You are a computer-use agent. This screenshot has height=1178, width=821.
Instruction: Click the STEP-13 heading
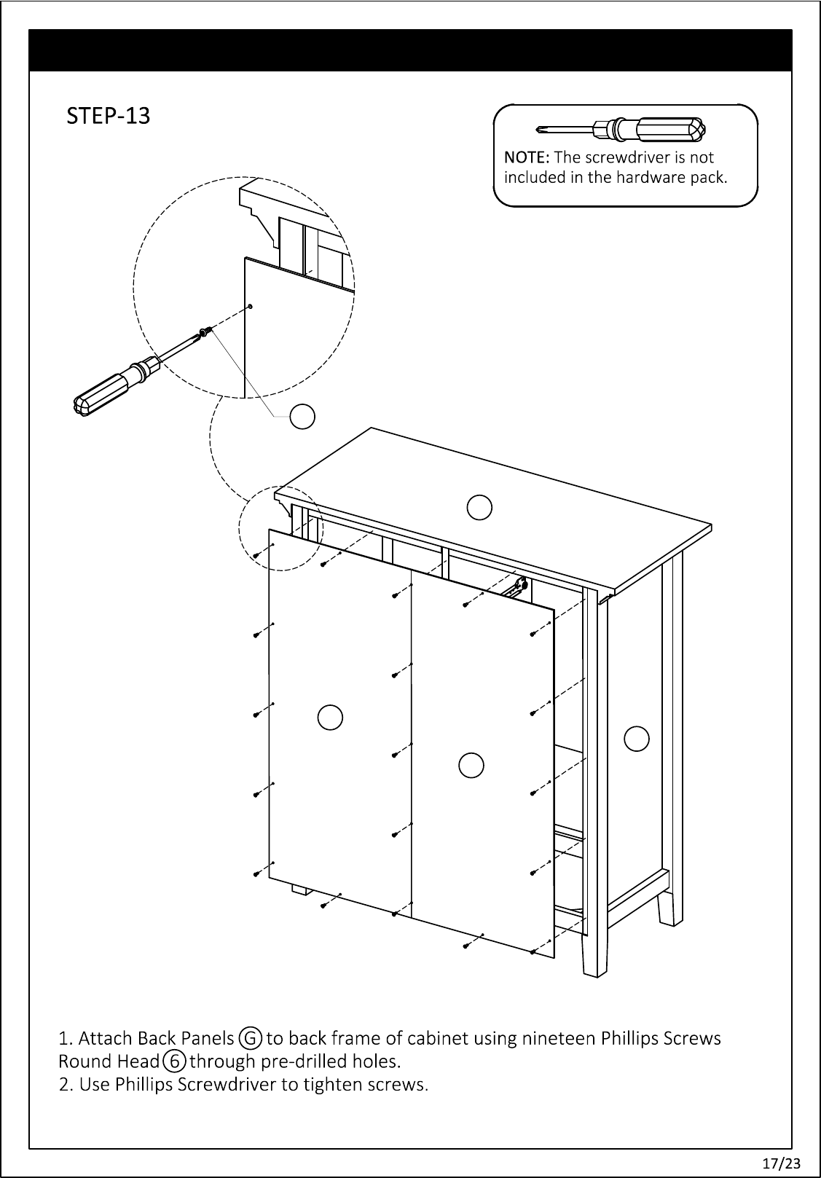click(x=109, y=116)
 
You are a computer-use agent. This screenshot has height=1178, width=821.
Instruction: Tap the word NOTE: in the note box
click(x=527, y=157)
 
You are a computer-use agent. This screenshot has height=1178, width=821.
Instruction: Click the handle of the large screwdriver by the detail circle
click(x=109, y=386)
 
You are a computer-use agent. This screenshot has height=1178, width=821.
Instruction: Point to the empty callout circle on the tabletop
click(x=479, y=507)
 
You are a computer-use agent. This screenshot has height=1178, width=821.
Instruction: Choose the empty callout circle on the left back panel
click(x=330, y=717)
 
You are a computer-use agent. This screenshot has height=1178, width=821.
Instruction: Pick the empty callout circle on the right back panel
click(x=471, y=763)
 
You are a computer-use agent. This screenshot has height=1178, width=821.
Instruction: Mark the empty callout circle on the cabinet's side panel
click(x=637, y=738)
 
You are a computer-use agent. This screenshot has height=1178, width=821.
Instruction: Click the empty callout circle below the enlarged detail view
click(x=302, y=417)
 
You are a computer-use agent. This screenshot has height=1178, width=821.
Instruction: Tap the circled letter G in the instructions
click(x=251, y=1037)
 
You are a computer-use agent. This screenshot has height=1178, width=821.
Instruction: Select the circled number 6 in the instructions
click(x=174, y=1061)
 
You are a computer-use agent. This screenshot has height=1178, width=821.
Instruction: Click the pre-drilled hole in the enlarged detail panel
click(x=250, y=306)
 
